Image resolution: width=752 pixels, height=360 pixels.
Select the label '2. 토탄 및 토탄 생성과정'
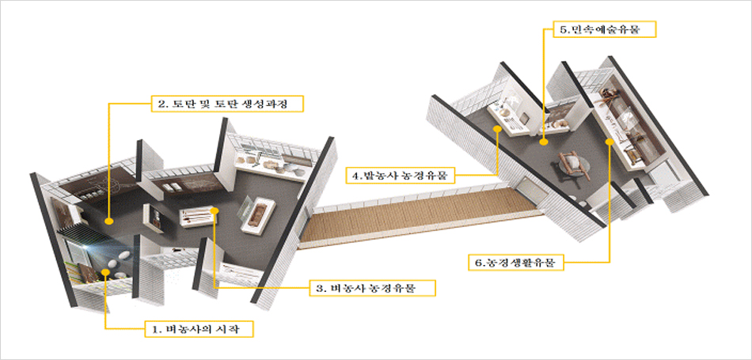(x=228, y=104)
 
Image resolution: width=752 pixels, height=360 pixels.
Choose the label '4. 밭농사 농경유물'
(x=401, y=175)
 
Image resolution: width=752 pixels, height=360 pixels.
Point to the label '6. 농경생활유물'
(x=514, y=263)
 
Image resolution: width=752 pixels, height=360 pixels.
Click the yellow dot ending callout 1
(x=104, y=275)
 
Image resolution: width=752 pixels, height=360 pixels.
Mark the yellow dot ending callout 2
(x=108, y=221)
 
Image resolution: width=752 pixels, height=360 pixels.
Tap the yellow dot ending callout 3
(x=215, y=211)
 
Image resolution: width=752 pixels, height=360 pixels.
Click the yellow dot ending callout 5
(x=544, y=142)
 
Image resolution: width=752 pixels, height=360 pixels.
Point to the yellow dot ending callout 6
(x=609, y=142)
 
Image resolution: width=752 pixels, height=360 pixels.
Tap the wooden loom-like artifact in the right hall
(x=573, y=164)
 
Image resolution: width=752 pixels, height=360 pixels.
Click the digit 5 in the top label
(x=563, y=30)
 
